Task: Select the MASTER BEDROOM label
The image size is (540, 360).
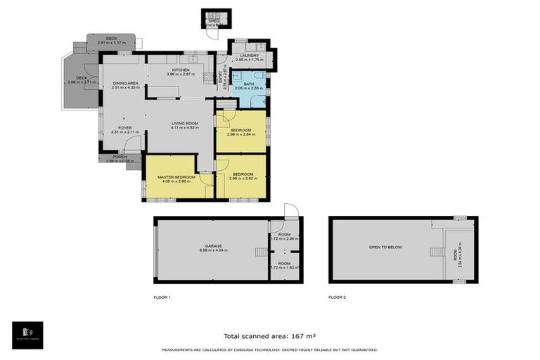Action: click(x=171, y=176)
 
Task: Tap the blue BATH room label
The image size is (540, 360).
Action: click(x=249, y=84)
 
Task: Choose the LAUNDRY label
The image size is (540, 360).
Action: click(x=250, y=56)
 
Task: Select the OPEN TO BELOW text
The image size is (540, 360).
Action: click(x=384, y=247)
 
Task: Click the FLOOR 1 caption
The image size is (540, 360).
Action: click(x=162, y=297)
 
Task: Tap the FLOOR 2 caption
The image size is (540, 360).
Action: click(x=337, y=297)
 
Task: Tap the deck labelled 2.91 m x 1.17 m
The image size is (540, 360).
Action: click(x=111, y=43)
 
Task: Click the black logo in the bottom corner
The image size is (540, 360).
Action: click(x=27, y=335)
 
